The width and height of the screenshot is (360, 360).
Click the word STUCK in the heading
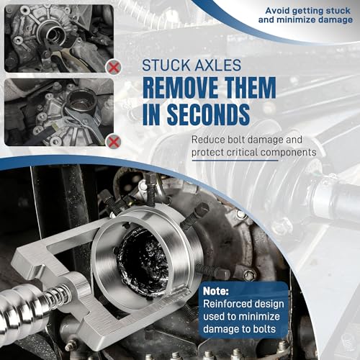coord(166,65)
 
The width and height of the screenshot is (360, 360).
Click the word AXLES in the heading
coord(217,65)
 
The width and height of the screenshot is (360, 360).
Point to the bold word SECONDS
coord(208,114)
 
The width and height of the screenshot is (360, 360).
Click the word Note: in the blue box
coord(216,291)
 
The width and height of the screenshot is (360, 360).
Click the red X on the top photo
coord(114,68)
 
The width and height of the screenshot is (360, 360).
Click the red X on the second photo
coord(114,142)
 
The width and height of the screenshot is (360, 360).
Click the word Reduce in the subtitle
coord(208,140)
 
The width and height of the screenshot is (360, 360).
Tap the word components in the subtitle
coord(289,153)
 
